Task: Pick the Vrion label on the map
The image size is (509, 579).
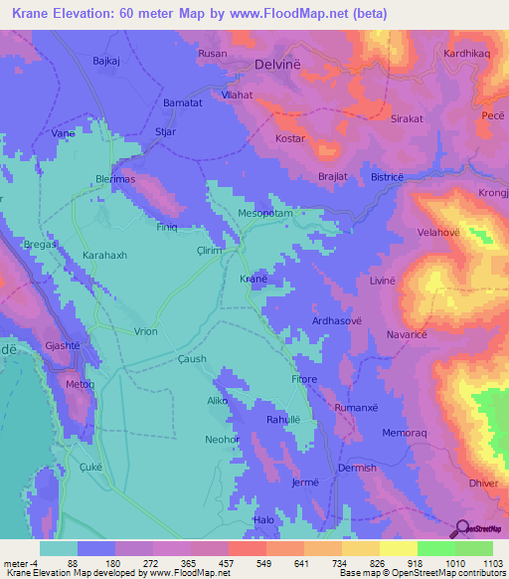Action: click(145, 331)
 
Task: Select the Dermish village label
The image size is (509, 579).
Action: click(357, 468)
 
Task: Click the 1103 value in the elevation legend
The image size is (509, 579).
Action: click(491, 563)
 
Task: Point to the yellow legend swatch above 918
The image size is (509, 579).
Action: click(398, 548)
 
